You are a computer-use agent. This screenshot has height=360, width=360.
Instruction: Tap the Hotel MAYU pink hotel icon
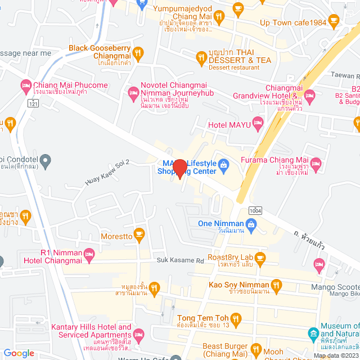[258, 121]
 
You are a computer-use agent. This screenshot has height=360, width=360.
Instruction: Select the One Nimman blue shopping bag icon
[251, 226]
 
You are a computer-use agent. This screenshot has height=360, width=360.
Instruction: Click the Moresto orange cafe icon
[139, 233]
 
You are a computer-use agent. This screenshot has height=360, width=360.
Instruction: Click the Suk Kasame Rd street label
[180, 260]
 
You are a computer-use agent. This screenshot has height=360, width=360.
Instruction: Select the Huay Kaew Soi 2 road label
[107, 173]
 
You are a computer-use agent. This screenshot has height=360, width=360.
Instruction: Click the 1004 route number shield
[254, 210]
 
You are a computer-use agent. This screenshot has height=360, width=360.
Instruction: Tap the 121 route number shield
[35, 103]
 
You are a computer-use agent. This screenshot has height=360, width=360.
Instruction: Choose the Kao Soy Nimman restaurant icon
[276, 286]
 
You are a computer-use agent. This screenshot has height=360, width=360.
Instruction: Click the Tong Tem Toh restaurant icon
[236, 319]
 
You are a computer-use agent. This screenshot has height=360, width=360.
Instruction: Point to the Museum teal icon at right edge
[313, 335]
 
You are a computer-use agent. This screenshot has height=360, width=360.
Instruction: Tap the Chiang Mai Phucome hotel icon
[25, 85]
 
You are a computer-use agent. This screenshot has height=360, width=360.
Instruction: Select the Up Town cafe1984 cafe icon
[334, 21]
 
